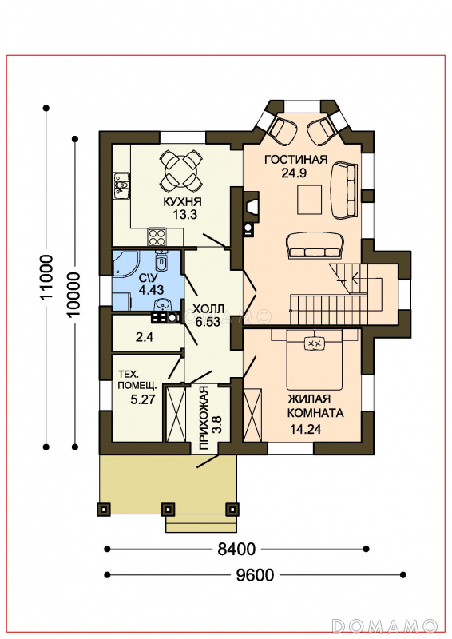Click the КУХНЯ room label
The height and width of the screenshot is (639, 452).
(x=182, y=201)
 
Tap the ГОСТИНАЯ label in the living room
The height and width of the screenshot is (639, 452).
(x=296, y=159)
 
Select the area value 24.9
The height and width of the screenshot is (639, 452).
(x=294, y=173)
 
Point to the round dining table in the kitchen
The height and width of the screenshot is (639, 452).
(x=181, y=171)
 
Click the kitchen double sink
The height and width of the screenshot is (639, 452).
(x=121, y=185)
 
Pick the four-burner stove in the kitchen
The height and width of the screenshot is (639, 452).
(x=157, y=236)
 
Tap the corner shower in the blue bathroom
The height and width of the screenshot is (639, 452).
(x=125, y=264)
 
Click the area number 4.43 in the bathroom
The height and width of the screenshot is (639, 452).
(x=151, y=289)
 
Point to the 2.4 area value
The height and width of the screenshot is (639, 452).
(x=144, y=336)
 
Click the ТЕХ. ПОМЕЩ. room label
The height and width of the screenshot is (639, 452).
(x=133, y=379)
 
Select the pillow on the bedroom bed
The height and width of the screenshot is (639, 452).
(x=314, y=343)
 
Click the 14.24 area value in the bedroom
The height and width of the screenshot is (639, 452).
(x=305, y=429)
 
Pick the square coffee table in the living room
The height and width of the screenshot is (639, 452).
(x=309, y=199)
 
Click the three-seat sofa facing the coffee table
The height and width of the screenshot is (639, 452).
(x=314, y=244)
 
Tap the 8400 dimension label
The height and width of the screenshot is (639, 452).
(x=236, y=549)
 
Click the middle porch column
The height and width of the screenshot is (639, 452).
(x=168, y=509)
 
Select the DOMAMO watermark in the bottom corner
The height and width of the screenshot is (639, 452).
(x=385, y=625)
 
